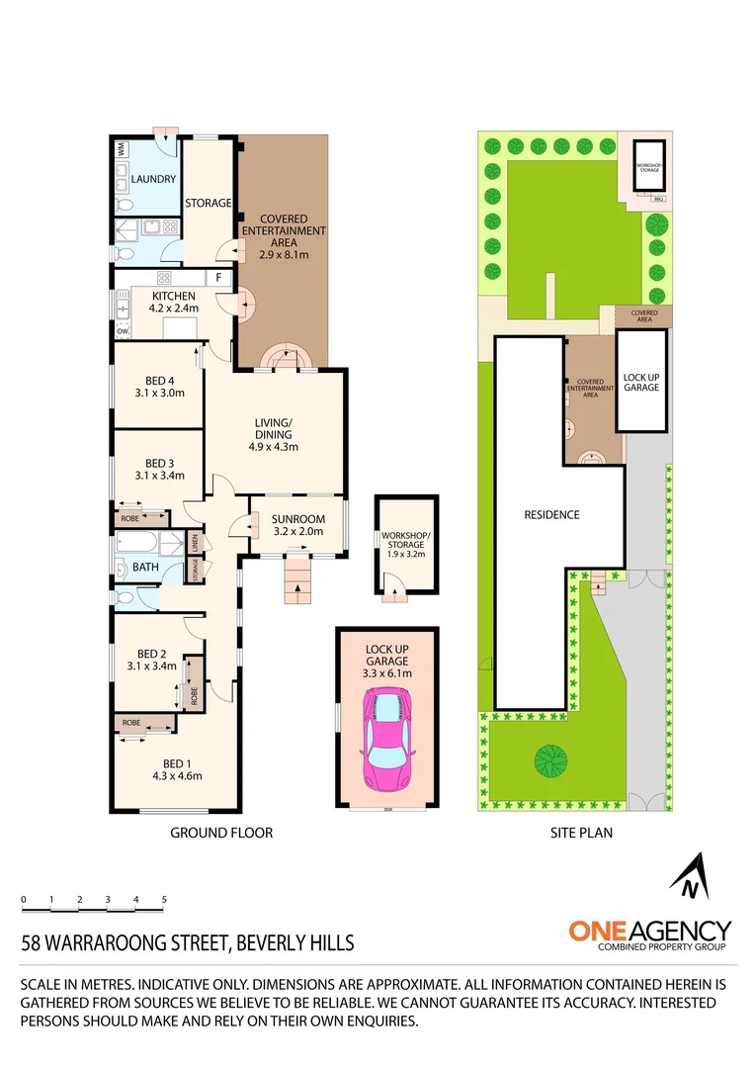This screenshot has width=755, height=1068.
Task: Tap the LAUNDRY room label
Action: (153, 179)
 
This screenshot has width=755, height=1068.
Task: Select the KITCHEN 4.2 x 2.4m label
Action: (175, 302)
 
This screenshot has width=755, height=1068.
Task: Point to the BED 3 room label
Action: (159, 469)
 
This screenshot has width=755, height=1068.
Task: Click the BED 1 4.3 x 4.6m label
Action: (177, 768)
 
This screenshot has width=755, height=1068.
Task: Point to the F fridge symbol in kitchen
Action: (215, 279)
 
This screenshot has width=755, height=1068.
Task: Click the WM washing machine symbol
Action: (121, 149)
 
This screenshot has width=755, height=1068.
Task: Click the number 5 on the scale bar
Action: (164, 899)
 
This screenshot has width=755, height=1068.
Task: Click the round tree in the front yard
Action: (551, 760)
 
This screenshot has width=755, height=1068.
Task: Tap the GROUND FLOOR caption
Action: (221, 833)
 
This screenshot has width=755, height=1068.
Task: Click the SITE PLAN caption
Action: (581, 833)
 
